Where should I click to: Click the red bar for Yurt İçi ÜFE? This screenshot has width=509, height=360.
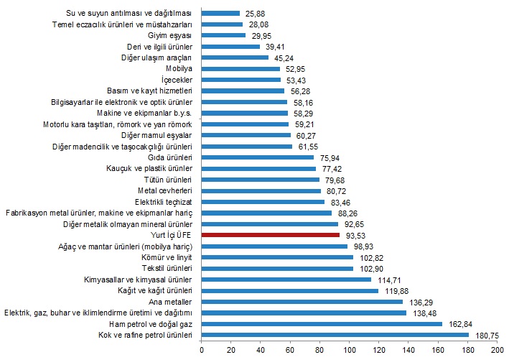[271, 235]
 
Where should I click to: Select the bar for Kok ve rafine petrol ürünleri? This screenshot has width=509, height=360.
[335, 335]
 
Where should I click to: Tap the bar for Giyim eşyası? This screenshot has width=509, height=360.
[223, 34]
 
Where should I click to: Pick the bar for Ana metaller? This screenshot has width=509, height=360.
[302, 302]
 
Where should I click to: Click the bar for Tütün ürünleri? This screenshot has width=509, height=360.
[260, 179]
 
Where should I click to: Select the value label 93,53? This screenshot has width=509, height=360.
[355, 235]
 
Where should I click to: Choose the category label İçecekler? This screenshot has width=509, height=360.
[175, 80]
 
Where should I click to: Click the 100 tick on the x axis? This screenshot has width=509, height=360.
[350, 350]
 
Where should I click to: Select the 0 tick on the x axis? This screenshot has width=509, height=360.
[202, 350]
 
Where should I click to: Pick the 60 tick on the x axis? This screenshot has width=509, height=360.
[291, 350]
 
